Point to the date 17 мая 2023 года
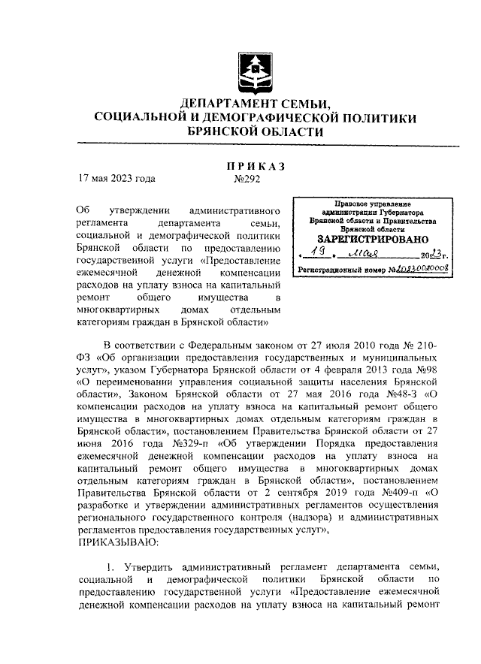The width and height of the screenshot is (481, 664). coord(117,180)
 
